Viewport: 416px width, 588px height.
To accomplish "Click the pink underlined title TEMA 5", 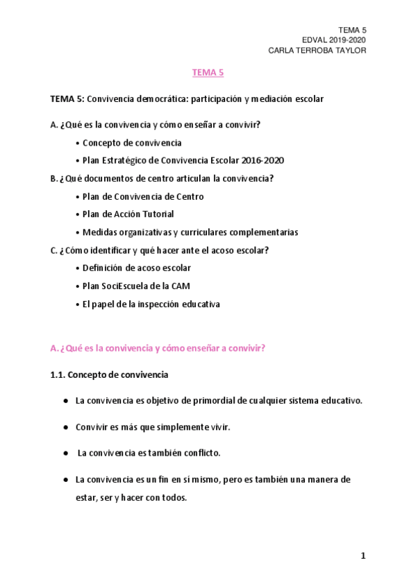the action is point(208,72).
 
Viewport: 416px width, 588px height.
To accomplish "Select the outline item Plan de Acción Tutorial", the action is point(128,214).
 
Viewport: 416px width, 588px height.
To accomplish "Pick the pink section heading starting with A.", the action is point(158,349).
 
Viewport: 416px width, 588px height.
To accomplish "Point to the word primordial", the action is point(194,401).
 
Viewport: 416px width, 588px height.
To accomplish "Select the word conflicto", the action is point(198,453).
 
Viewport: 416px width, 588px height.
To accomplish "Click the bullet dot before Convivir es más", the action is point(65,427).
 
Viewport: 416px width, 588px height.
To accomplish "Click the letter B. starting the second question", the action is point(54,178).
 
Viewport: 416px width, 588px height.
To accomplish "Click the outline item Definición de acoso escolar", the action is point(136,268).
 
